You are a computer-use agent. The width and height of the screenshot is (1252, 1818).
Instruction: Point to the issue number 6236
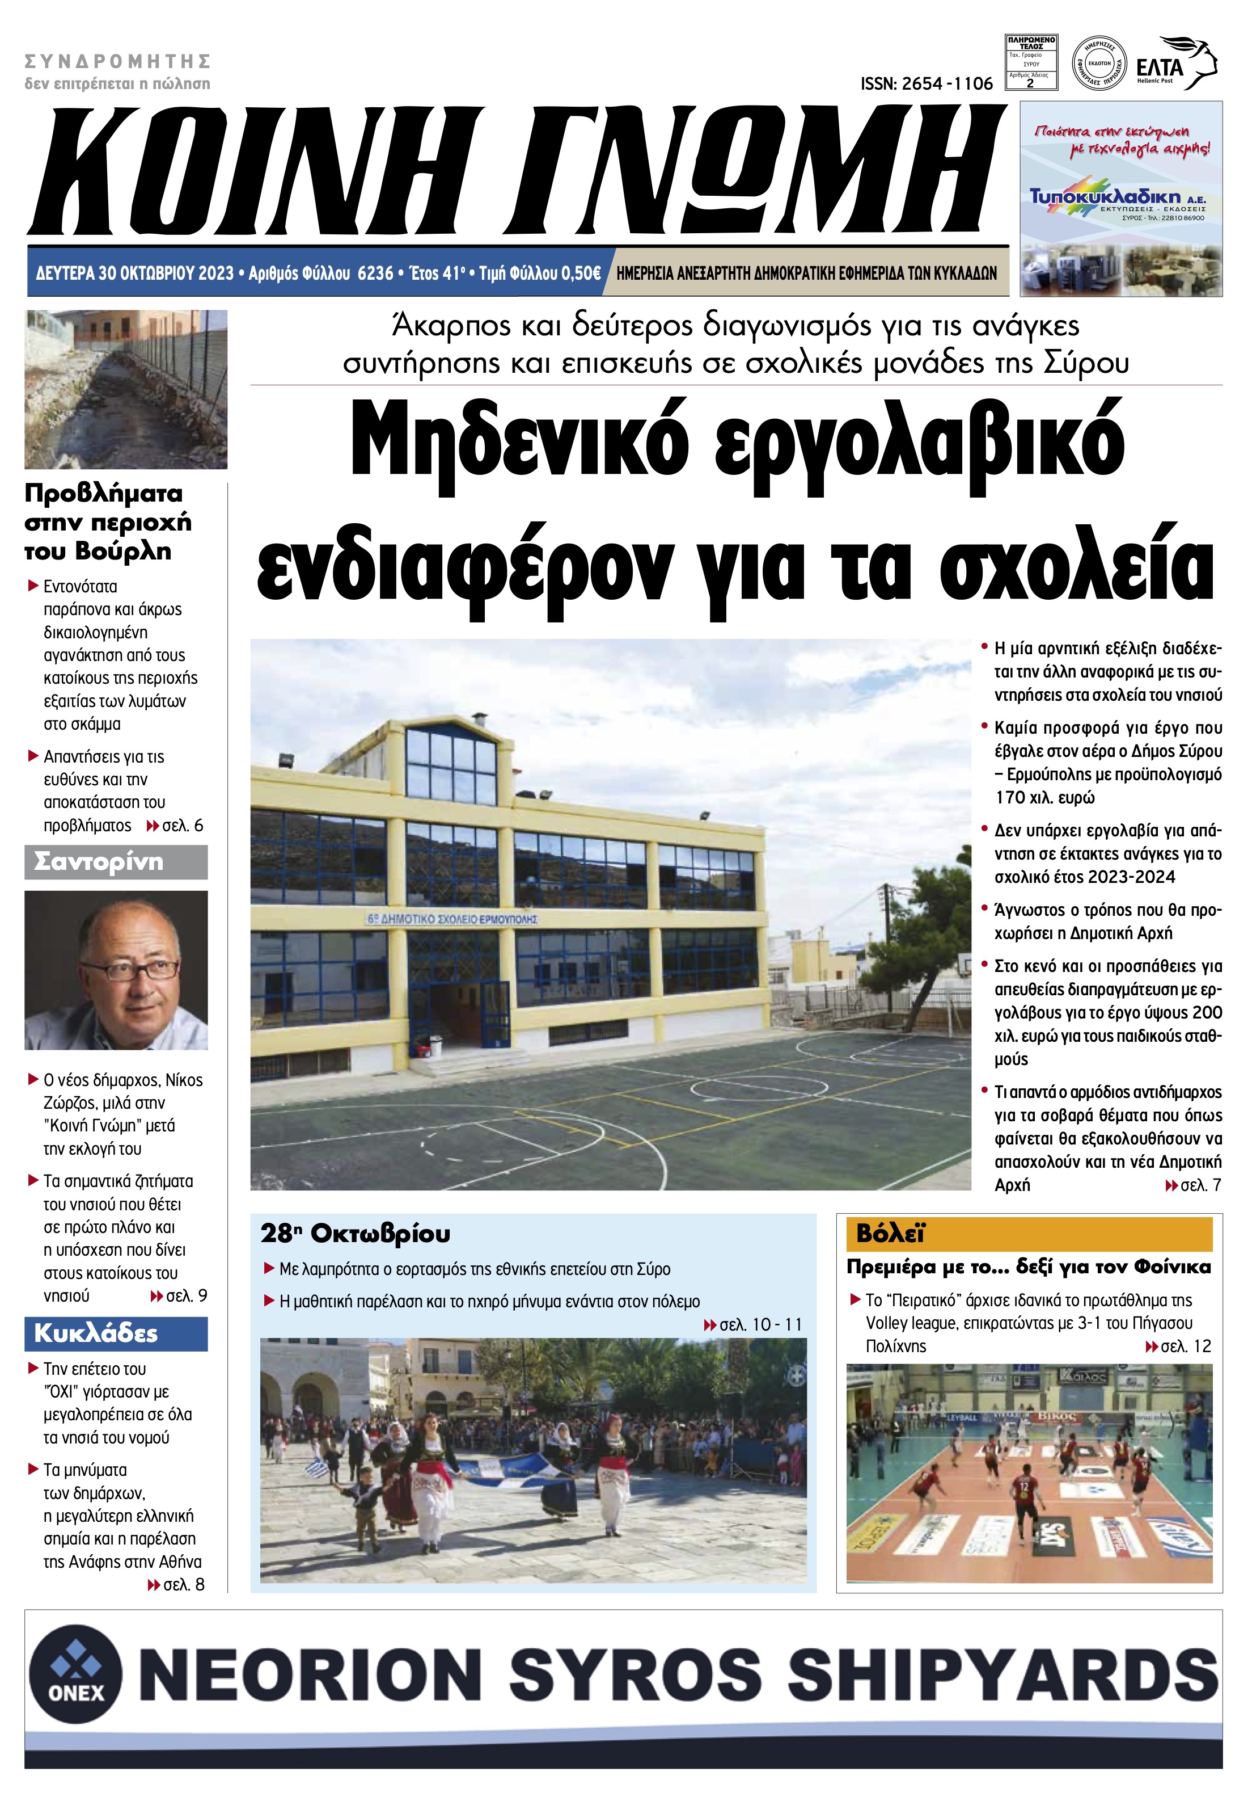click(x=375, y=273)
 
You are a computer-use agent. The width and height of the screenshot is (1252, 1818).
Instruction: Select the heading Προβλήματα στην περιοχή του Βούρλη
click(x=108, y=522)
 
